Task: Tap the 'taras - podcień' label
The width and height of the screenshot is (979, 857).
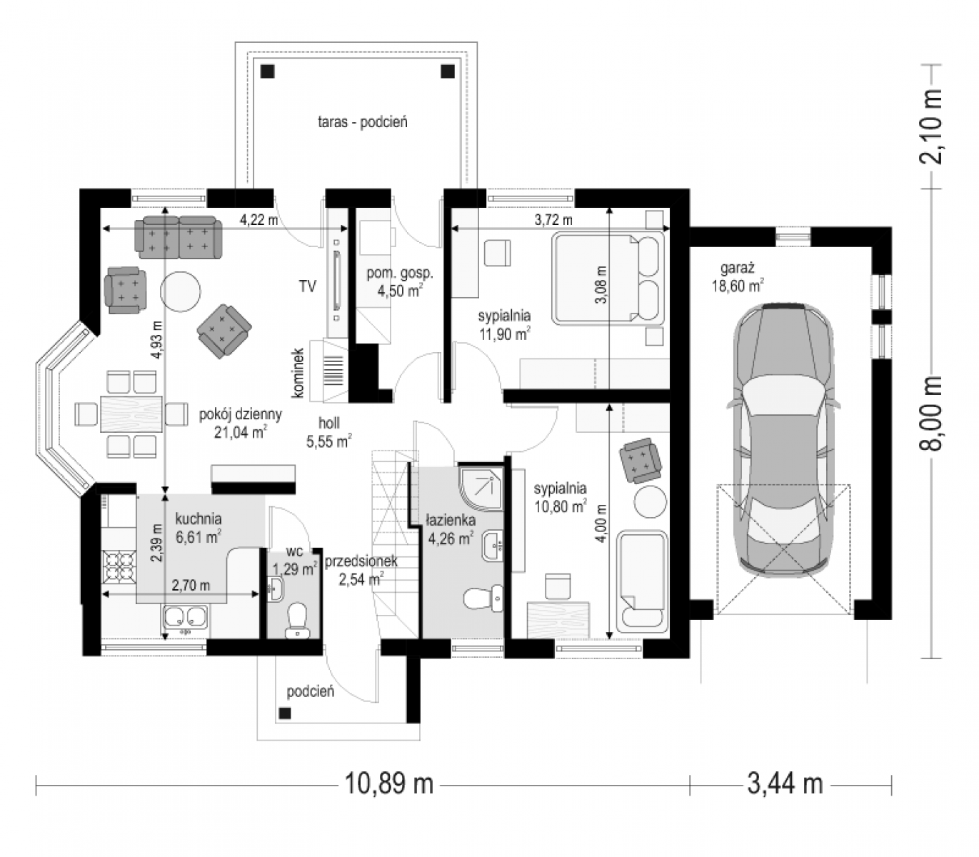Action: (x=362, y=122)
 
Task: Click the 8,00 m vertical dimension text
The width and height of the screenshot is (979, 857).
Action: (x=930, y=414)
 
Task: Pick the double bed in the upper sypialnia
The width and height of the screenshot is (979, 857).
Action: (x=608, y=277)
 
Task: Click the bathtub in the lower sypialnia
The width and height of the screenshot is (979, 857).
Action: (x=642, y=582)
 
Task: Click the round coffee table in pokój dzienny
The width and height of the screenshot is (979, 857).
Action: (x=181, y=291)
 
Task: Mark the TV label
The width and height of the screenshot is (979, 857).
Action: (x=308, y=286)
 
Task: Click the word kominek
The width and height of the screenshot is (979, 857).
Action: (x=298, y=373)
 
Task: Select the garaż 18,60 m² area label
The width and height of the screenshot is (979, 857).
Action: (x=738, y=276)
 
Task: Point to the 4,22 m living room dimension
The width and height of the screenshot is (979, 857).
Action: (x=259, y=220)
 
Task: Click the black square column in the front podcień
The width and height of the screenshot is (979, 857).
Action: (x=285, y=713)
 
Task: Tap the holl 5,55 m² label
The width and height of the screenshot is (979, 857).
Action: (x=329, y=431)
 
